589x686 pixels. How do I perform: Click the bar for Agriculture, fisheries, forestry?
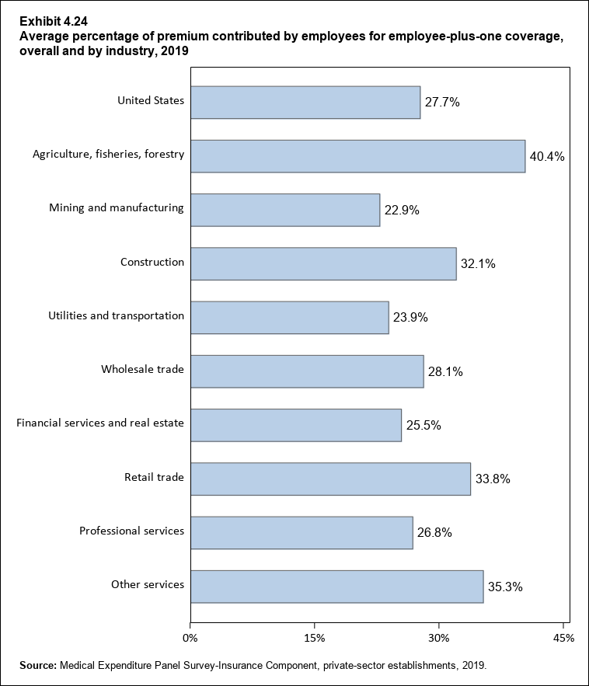click(x=357, y=155)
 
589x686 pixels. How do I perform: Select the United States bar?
click(x=305, y=102)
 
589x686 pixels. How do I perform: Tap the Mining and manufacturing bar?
click(x=285, y=210)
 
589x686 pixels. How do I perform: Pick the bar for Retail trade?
click(x=330, y=479)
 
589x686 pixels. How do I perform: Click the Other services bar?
click(x=336, y=587)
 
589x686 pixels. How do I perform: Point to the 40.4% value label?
click(x=546, y=156)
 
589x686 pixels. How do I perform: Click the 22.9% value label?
click(x=401, y=210)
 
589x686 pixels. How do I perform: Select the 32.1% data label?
click(x=477, y=264)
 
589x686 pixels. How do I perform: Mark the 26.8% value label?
click(x=434, y=533)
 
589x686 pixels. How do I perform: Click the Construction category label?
click(x=152, y=262)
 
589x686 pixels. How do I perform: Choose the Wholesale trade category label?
click(x=142, y=369)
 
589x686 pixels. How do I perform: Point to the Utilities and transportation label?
click(x=116, y=315)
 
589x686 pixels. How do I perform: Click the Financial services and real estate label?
click(x=100, y=423)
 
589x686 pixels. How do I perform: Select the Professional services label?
click(x=131, y=531)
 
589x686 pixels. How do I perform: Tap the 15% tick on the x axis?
click(x=314, y=638)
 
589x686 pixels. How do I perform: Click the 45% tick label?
click(x=563, y=638)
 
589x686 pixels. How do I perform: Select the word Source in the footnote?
click(x=37, y=665)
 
